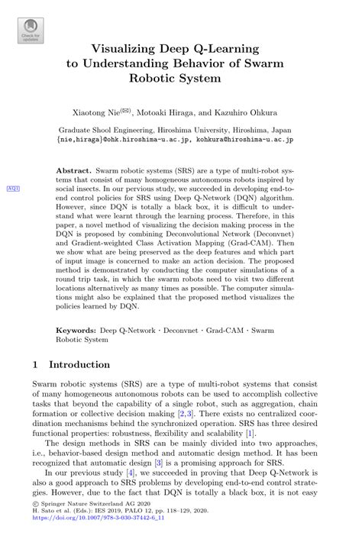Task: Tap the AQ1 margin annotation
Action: click(14, 188)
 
